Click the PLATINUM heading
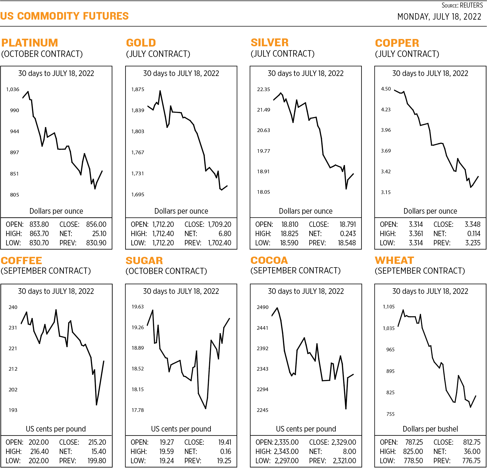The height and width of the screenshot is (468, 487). (x=29, y=43)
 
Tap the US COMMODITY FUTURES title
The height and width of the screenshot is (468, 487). (x=64, y=16)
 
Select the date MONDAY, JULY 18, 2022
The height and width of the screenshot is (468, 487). (x=439, y=17)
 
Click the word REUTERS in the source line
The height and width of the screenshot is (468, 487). (x=472, y=5)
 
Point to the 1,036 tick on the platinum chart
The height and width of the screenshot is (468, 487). (x=13, y=89)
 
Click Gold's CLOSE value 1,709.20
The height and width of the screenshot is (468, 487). (x=220, y=224)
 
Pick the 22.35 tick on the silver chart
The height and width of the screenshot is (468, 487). (x=263, y=89)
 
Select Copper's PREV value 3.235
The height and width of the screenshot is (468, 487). (x=473, y=243)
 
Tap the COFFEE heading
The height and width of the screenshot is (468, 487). (x=21, y=261)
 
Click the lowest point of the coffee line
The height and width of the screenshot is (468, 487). (x=96, y=405)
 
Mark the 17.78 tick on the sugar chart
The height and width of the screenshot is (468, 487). (x=138, y=410)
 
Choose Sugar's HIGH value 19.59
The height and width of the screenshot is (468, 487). (x=166, y=451)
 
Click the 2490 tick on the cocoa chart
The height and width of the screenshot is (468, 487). (x=262, y=307)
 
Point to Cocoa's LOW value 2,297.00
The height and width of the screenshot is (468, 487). (x=287, y=461)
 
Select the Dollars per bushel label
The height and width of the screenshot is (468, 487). (x=430, y=429)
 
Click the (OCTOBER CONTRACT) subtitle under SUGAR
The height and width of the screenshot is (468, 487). (x=166, y=271)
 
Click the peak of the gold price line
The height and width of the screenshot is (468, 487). (x=160, y=91)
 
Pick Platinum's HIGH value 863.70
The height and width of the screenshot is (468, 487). (x=39, y=234)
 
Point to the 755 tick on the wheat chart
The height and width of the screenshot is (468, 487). (x=390, y=414)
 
